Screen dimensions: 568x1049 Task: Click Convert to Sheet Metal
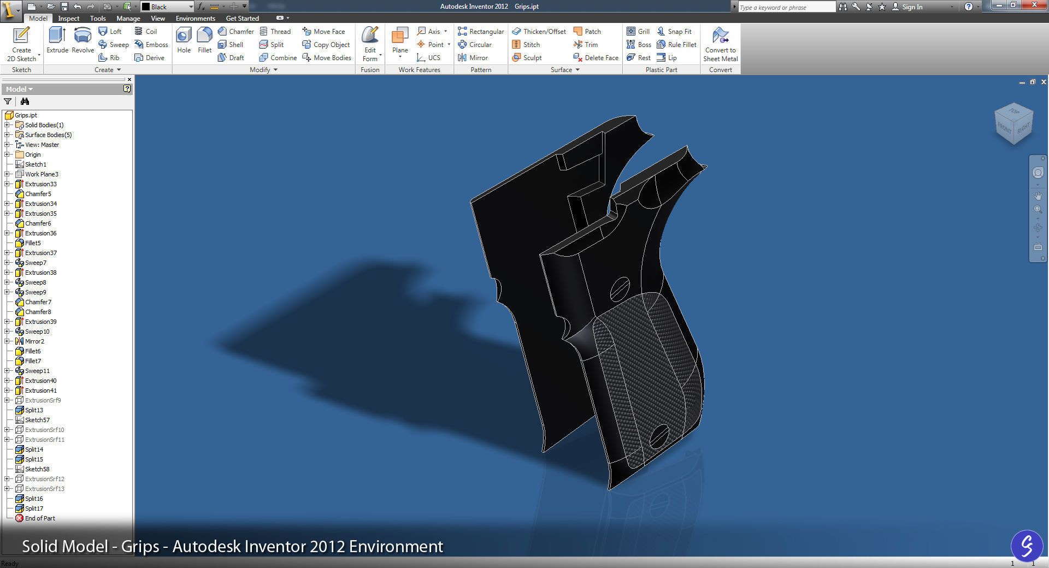pyautogui.click(x=720, y=44)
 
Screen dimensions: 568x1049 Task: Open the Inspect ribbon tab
pyautogui.click(x=69, y=19)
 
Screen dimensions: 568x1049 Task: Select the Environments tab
pyautogui.click(x=195, y=19)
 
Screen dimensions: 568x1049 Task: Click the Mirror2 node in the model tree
pyautogui.click(x=34, y=341)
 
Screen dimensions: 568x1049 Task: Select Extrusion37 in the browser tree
pyautogui.click(x=40, y=253)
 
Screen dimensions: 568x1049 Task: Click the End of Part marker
pyautogui.click(x=39, y=518)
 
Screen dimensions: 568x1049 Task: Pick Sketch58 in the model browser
pyautogui.click(x=37, y=469)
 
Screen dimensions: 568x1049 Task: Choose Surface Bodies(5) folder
pyautogui.click(x=48, y=135)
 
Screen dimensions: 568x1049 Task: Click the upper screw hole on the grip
pyautogui.click(x=620, y=289)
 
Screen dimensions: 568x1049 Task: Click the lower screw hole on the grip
pyautogui.click(x=659, y=435)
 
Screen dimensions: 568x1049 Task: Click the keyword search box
pyautogui.click(x=786, y=7)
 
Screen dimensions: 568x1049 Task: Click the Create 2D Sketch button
pyautogui.click(x=21, y=44)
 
